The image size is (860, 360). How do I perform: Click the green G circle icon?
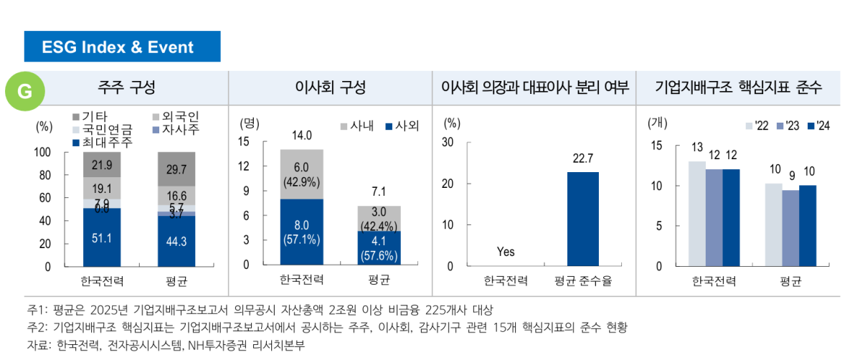coord(25,90)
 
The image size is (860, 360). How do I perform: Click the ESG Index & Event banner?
coord(122,47)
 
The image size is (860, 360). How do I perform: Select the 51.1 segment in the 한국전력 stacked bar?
coord(102,237)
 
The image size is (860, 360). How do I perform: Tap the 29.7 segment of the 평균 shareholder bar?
coord(176,169)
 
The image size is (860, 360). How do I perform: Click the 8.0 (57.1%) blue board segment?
coord(302,232)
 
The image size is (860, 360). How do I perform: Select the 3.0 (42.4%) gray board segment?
coord(379,218)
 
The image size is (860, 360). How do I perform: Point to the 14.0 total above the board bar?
coord(302,136)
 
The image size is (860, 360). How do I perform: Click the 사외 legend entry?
coord(402,126)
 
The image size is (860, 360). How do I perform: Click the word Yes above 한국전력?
coord(506,252)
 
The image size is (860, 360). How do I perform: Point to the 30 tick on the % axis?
coord(448,142)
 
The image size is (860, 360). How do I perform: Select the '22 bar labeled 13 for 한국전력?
coord(697,214)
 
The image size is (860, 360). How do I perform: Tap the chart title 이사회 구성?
coord(330,88)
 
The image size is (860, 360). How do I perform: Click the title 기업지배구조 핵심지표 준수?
coord(738,88)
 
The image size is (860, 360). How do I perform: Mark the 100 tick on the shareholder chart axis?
coord(42,153)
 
